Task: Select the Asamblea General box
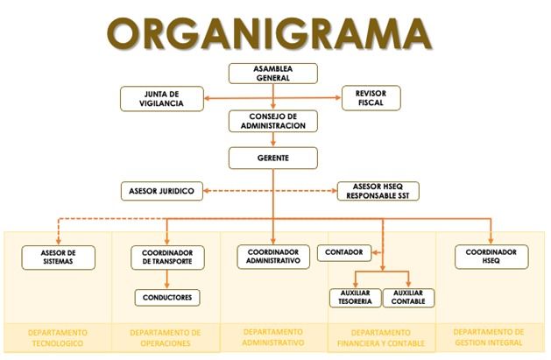273,74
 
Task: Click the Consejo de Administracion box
273,121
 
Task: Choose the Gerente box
273,158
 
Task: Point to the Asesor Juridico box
162,189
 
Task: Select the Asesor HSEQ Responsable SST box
379,190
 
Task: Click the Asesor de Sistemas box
58,257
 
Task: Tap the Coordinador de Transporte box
167,257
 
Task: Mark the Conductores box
167,297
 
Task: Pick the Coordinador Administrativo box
274,257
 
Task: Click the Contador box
344,254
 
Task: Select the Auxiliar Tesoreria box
355,297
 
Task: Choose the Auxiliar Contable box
409,297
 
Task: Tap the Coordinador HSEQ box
491,257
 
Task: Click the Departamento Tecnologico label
58,338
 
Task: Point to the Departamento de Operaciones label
166,338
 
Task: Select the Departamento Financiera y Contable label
382,338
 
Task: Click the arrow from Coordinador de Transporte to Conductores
167,279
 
